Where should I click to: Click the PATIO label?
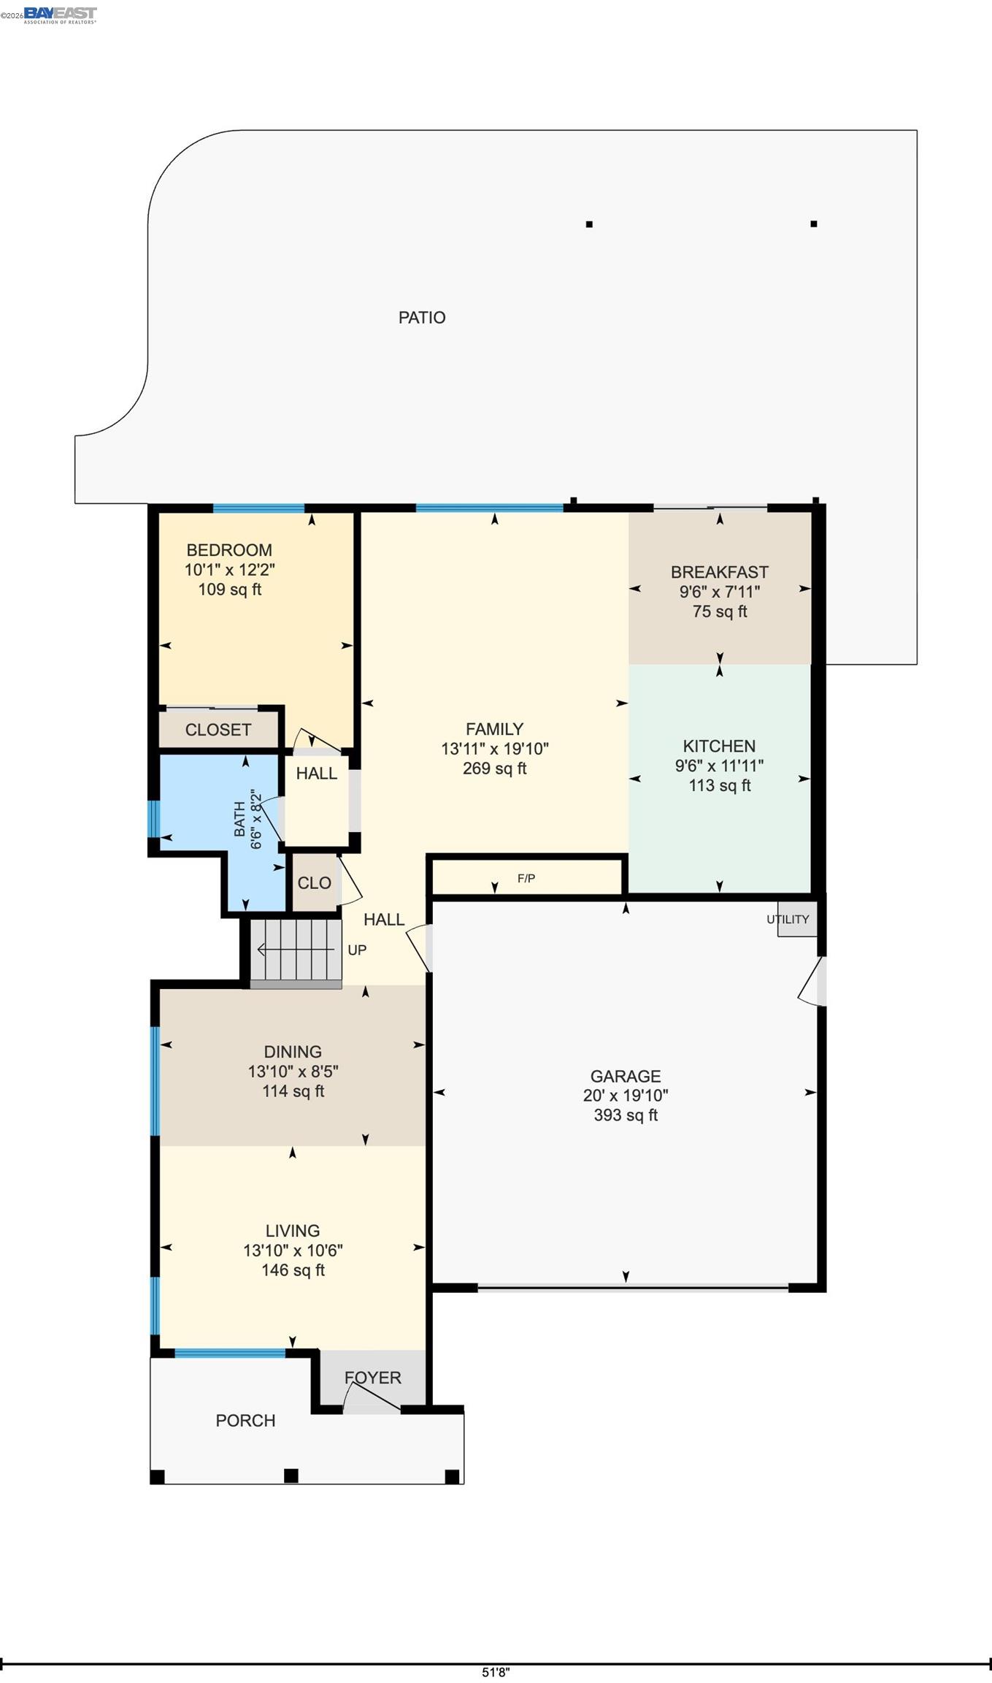coord(422,317)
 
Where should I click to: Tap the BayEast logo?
coord(60,15)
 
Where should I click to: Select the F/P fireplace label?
coord(526,878)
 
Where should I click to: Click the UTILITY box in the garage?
coord(796,919)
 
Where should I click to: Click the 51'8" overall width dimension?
coord(496,1672)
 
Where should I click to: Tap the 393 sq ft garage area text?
coord(626,1115)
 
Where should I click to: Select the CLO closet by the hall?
coord(315,883)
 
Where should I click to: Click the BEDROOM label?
coord(229,550)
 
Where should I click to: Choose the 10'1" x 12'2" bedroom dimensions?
coord(229,570)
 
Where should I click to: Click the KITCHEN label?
coord(719,746)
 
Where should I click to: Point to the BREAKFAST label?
coord(720,572)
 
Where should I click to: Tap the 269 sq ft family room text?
coord(495,768)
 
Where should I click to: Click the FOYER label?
coord(373,1378)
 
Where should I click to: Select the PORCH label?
coord(245,1421)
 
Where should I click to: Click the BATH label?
coord(239,819)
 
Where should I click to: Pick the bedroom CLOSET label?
coord(218,730)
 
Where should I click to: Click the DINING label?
coord(293,1052)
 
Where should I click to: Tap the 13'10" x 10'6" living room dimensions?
coord(293,1251)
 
